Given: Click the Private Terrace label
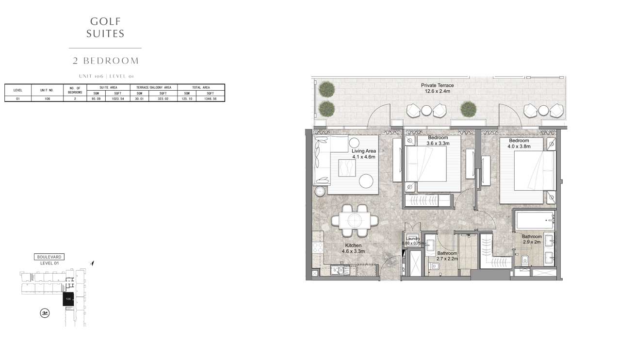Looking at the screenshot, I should tap(437, 88).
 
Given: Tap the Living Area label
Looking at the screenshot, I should tap(364, 154).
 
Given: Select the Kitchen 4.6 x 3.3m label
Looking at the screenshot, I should tap(354, 248).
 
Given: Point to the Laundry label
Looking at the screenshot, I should tap(412, 241).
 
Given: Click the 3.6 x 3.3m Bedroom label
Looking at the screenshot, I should tap(438, 140).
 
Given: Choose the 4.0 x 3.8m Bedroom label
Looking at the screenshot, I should tap(519, 143).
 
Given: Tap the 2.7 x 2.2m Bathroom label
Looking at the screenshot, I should tap(447, 256).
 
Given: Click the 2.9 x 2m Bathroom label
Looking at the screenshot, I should tap(532, 239).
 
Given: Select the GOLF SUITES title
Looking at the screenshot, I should tap(105, 27).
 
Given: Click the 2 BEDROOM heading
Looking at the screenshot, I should tap(105, 61).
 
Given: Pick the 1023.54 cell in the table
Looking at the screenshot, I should tap(118, 98).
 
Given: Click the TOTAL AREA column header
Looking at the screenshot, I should tap(201, 87).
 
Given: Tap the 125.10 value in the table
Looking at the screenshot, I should tap(187, 98).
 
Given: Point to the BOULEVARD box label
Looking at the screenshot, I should tap(49, 257).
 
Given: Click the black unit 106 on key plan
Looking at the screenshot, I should tap(68, 300).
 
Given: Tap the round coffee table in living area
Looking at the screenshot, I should tap(366, 181).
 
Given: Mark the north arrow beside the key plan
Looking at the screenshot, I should tap(93, 263).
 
